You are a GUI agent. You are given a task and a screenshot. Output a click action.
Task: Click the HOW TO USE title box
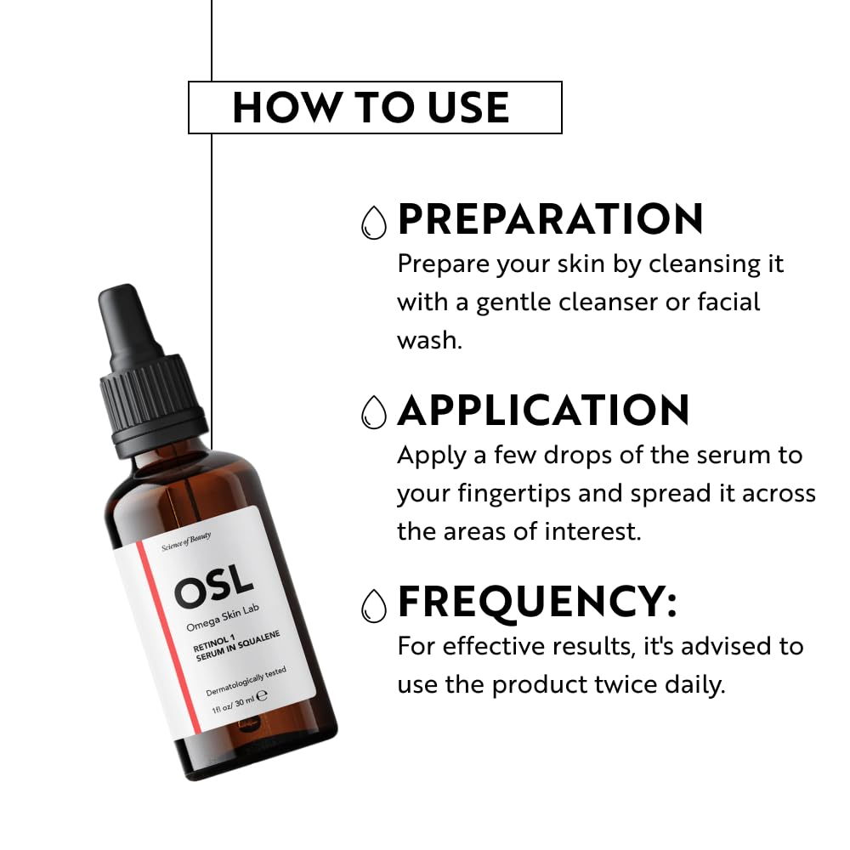click(x=374, y=107)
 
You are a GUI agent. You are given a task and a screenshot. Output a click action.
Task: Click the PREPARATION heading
click(x=550, y=219)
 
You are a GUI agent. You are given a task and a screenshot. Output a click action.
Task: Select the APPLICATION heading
click(x=543, y=411)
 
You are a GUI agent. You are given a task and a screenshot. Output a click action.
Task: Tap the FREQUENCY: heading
click(x=537, y=603)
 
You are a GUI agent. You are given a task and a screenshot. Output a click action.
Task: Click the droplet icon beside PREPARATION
click(x=373, y=222)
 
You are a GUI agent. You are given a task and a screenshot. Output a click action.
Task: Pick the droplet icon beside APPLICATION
click(x=373, y=413)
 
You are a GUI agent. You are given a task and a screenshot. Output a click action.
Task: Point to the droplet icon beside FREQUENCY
click(x=373, y=605)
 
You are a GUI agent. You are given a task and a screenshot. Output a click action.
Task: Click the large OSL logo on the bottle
click(x=213, y=586)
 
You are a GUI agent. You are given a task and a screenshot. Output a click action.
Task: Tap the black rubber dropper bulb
click(x=128, y=322)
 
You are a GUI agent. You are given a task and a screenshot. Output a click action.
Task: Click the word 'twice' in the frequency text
click(x=619, y=684)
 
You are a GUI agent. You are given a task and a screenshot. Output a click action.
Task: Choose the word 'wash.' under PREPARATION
click(x=428, y=340)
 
